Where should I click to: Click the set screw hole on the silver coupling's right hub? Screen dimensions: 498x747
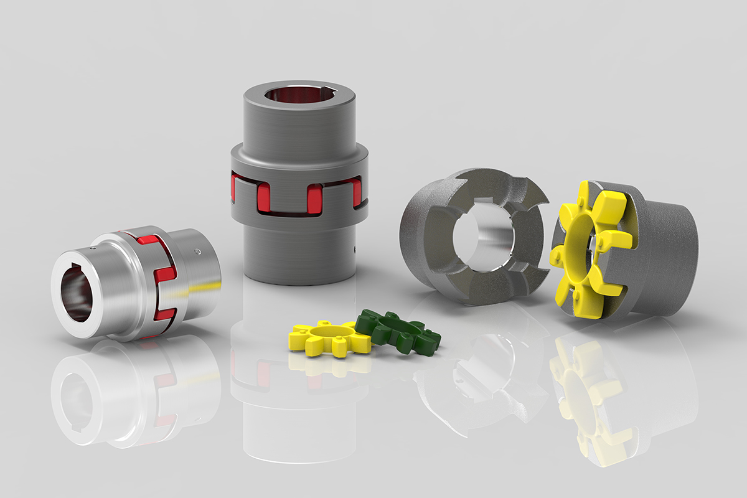click(x=197, y=252)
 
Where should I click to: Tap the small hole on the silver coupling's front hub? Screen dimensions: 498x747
click(x=94, y=248)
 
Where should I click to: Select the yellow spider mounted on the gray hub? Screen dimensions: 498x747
click(x=585, y=249)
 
